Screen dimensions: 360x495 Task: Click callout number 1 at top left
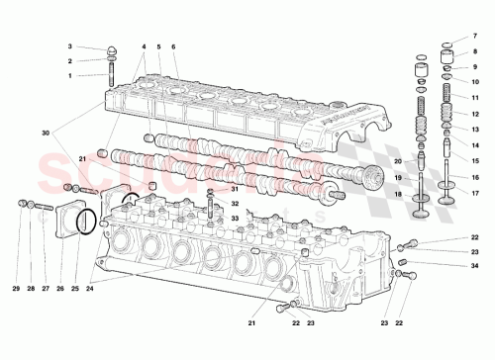70,76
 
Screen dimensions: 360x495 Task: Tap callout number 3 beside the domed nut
70,46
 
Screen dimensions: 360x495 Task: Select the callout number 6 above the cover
172,46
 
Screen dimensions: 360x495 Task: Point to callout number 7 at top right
474,36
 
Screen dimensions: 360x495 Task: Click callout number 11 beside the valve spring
474,99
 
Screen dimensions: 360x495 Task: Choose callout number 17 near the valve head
474,192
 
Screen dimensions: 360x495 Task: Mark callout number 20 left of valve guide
397,161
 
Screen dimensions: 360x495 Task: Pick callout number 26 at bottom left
59,288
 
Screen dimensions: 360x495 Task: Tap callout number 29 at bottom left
16,288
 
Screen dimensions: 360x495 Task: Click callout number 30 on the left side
45,133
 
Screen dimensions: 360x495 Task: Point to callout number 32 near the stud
235,204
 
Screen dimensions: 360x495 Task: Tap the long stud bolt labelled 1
111,74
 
